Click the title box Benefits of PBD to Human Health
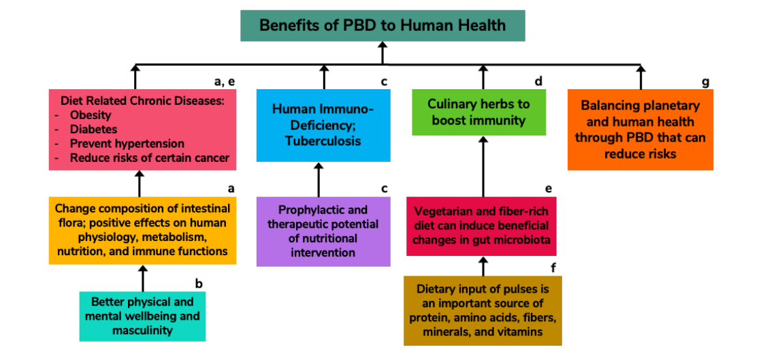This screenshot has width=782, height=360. pyautogui.click(x=382, y=26)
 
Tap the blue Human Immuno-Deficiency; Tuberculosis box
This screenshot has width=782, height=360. pyautogui.click(x=323, y=125)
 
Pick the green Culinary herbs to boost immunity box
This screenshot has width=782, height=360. pyautogui.click(x=479, y=112)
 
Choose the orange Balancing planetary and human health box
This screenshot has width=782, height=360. pyautogui.click(x=640, y=130)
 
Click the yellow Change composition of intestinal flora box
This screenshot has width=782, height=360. pyautogui.click(x=142, y=230)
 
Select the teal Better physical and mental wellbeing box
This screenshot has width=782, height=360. pyautogui.click(x=142, y=316)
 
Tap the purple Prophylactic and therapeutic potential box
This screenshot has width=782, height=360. pyautogui.click(x=323, y=231)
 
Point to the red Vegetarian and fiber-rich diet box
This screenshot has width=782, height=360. pyautogui.click(x=481, y=226)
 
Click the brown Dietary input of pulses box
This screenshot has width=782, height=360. pyautogui.click(x=483, y=310)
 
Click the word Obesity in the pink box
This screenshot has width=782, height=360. pyautogui.click(x=90, y=116)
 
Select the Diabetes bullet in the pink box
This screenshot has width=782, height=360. pyautogui.click(x=93, y=129)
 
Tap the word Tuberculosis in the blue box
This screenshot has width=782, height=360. pyautogui.click(x=323, y=142)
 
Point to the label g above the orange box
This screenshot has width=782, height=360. pyautogui.click(x=705, y=82)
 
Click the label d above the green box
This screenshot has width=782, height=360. pyautogui.click(x=538, y=82)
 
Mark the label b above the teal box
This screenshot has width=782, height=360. pyautogui.click(x=199, y=284)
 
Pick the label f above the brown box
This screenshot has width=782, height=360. pyautogui.click(x=553, y=268)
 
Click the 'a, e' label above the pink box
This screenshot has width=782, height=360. pyautogui.click(x=225, y=82)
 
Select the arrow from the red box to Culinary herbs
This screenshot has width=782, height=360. pyautogui.click(x=483, y=167)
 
